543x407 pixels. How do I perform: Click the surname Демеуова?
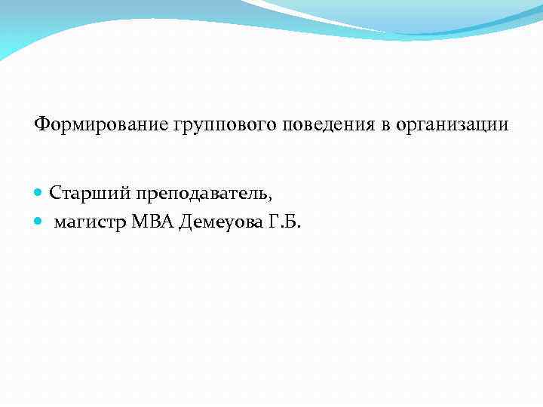tap(219, 223)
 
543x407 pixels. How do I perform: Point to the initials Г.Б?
tap(284, 223)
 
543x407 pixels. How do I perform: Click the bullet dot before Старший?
tap(39, 194)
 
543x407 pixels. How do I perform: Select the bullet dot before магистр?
tap(39, 224)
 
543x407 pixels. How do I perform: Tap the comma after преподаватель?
tap(270, 198)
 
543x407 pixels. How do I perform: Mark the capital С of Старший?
tap(55, 193)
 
